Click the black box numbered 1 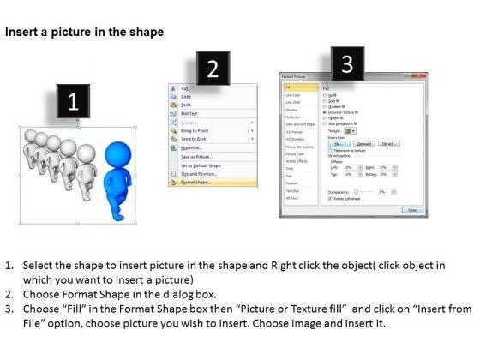click(x=73, y=103)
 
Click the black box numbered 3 click(x=347, y=63)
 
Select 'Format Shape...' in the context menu click(x=196, y=183)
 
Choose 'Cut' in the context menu click(x=184, y=88)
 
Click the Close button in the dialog click(x=411, y=209)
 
